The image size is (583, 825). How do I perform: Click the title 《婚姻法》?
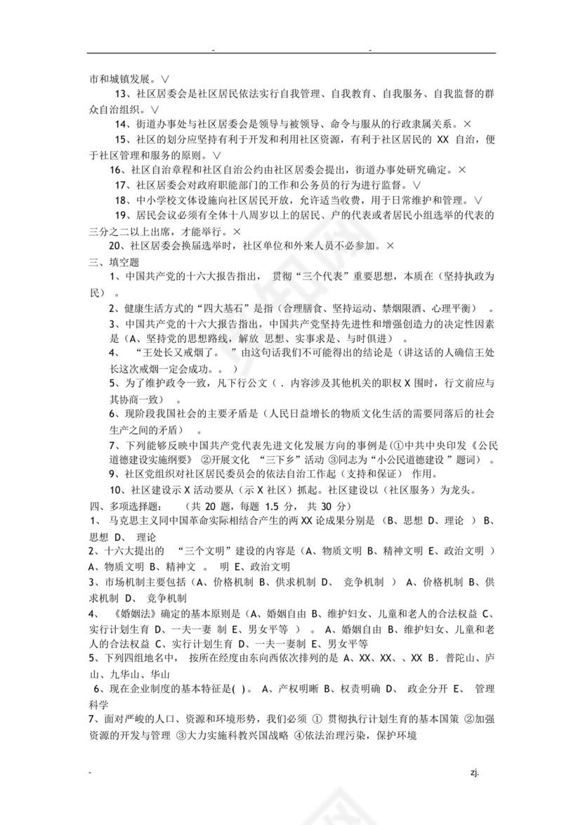[124, 613]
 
